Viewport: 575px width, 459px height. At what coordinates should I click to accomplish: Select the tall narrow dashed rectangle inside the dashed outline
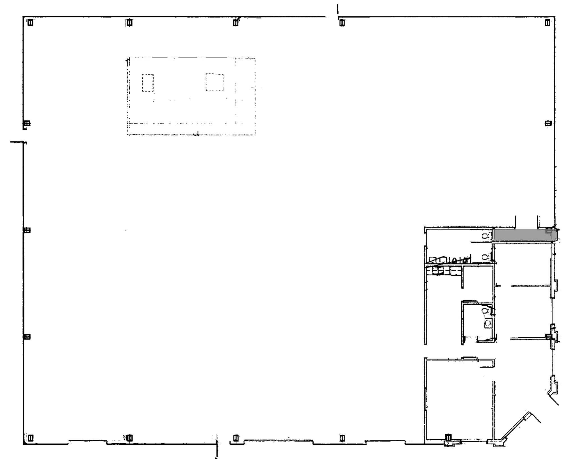[x=148, y=83]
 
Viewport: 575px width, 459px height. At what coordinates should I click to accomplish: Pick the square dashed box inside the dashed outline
[x=215, y=82]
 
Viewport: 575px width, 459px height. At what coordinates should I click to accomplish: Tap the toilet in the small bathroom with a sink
[x=484, y=311]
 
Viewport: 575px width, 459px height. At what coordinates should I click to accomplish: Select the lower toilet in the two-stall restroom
[x=485, y=256]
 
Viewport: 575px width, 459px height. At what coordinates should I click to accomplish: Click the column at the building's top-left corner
[x=30, y=22]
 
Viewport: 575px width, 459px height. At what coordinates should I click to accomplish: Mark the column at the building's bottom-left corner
[x=30, y=437]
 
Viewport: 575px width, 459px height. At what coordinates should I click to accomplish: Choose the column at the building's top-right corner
[x=547, y=22]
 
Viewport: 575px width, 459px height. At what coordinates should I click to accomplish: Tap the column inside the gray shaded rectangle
[x=548, y=231]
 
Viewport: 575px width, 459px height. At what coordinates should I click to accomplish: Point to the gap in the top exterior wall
[x=332, y=17]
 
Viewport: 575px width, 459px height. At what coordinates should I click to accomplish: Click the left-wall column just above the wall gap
[x=27, y=123]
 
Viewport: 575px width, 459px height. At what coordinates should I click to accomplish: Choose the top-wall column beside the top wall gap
[x=342, y=22]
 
